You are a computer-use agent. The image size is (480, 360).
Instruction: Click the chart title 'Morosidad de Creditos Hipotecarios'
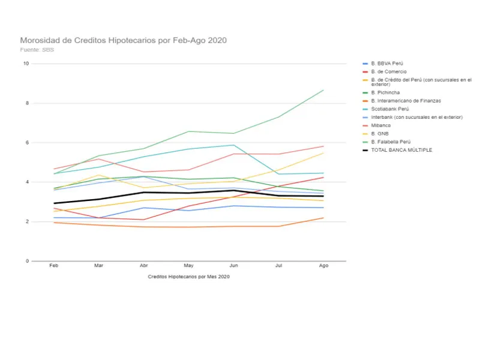click(123, 40)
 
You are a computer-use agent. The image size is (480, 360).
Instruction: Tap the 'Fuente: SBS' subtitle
click(37, 50)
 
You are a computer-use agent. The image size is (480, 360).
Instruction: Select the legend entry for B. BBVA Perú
click(388, 64)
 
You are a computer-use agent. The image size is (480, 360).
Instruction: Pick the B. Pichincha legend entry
click(386, 92)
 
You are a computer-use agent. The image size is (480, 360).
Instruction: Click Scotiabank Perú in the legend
click(389, 109)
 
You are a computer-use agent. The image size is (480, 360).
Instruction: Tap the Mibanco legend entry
click(380, 125)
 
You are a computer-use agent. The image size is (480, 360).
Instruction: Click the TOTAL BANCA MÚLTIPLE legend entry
click(401, 150)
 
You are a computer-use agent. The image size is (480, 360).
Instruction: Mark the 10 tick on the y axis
click(26, 64)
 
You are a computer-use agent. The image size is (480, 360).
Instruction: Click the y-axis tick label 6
click(27, 143)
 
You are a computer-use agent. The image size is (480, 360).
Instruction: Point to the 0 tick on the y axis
click(27, 261)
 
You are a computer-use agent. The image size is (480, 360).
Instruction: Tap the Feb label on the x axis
click(54, 266)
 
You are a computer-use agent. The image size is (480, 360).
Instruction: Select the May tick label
click(189, 266)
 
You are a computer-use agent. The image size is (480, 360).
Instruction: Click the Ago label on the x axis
click(324, 266)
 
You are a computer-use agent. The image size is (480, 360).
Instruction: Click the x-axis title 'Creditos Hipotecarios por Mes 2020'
click(188, 277)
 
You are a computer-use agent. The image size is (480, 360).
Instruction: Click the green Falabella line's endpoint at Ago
click(324, 90)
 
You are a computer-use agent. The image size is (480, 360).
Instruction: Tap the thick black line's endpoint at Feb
click(54, 203)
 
